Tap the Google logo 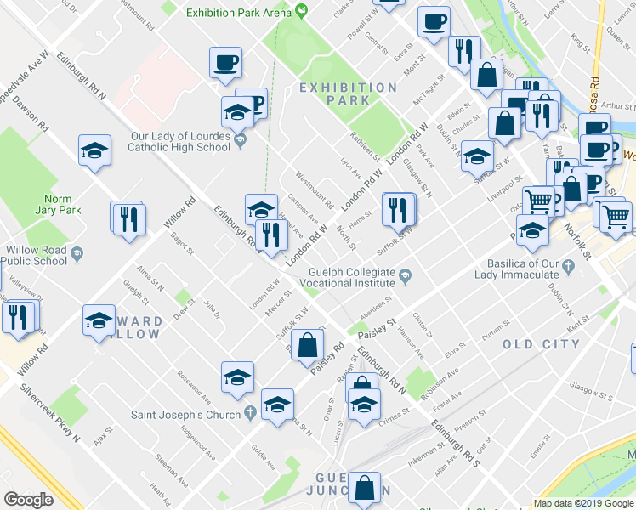29,499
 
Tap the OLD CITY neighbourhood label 541,344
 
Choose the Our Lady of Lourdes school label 179,141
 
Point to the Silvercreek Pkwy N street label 50,416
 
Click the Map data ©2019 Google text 584,503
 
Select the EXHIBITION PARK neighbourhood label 349,93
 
